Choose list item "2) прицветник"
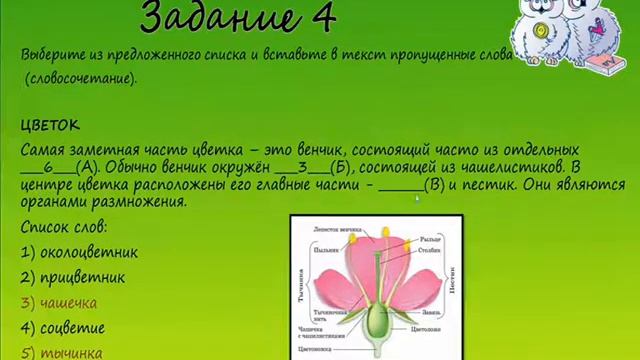(x=73, y=277)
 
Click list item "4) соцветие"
(x=62, y=327)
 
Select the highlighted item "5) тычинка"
(x=61, y=352)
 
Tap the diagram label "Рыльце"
(x=432, y=238)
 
